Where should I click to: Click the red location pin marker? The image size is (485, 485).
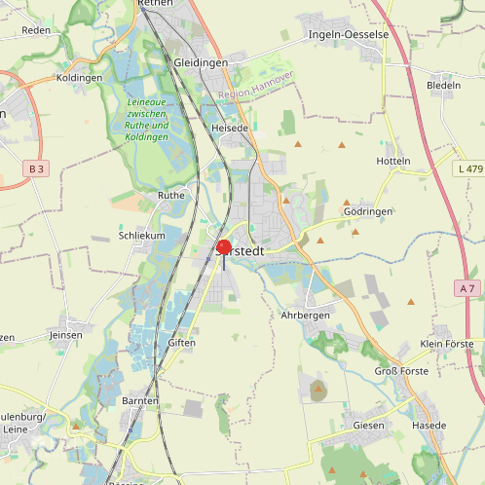224,247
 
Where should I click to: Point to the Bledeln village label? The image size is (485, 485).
443,86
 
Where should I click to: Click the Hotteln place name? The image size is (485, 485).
393,161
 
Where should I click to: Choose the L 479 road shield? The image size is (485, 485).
468,169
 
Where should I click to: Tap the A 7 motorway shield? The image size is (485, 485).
468,288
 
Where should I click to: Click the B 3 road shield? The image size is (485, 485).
37,169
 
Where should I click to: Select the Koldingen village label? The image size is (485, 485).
80,77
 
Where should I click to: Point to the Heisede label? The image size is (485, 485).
230,128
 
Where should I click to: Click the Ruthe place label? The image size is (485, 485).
171,195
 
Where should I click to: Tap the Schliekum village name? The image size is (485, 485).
142,236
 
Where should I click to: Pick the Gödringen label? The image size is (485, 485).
368,211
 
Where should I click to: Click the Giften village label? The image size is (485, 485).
182,343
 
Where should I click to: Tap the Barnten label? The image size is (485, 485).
140,401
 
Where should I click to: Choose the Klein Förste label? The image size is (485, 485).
447,345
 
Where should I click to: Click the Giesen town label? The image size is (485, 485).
369,426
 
